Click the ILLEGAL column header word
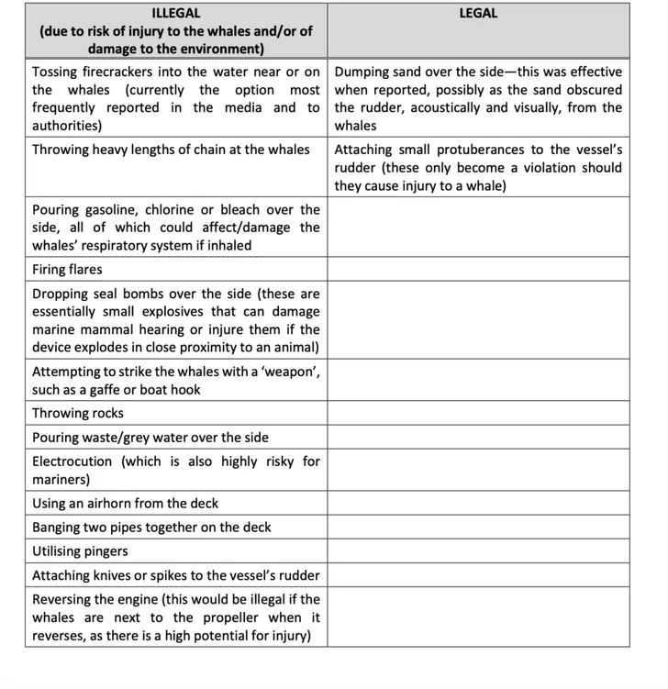pos(175,13)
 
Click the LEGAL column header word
pos(478,13)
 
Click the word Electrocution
pos(72,461)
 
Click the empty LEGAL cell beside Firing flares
pos(478,269)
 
